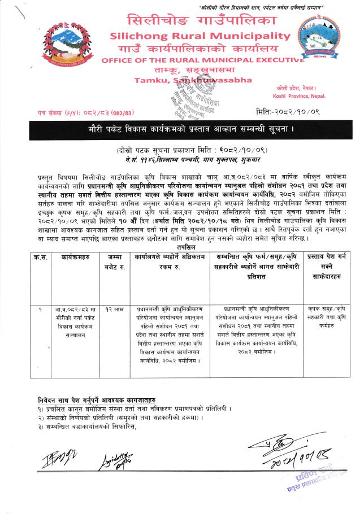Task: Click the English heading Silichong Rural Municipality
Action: (x=187, y=36)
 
